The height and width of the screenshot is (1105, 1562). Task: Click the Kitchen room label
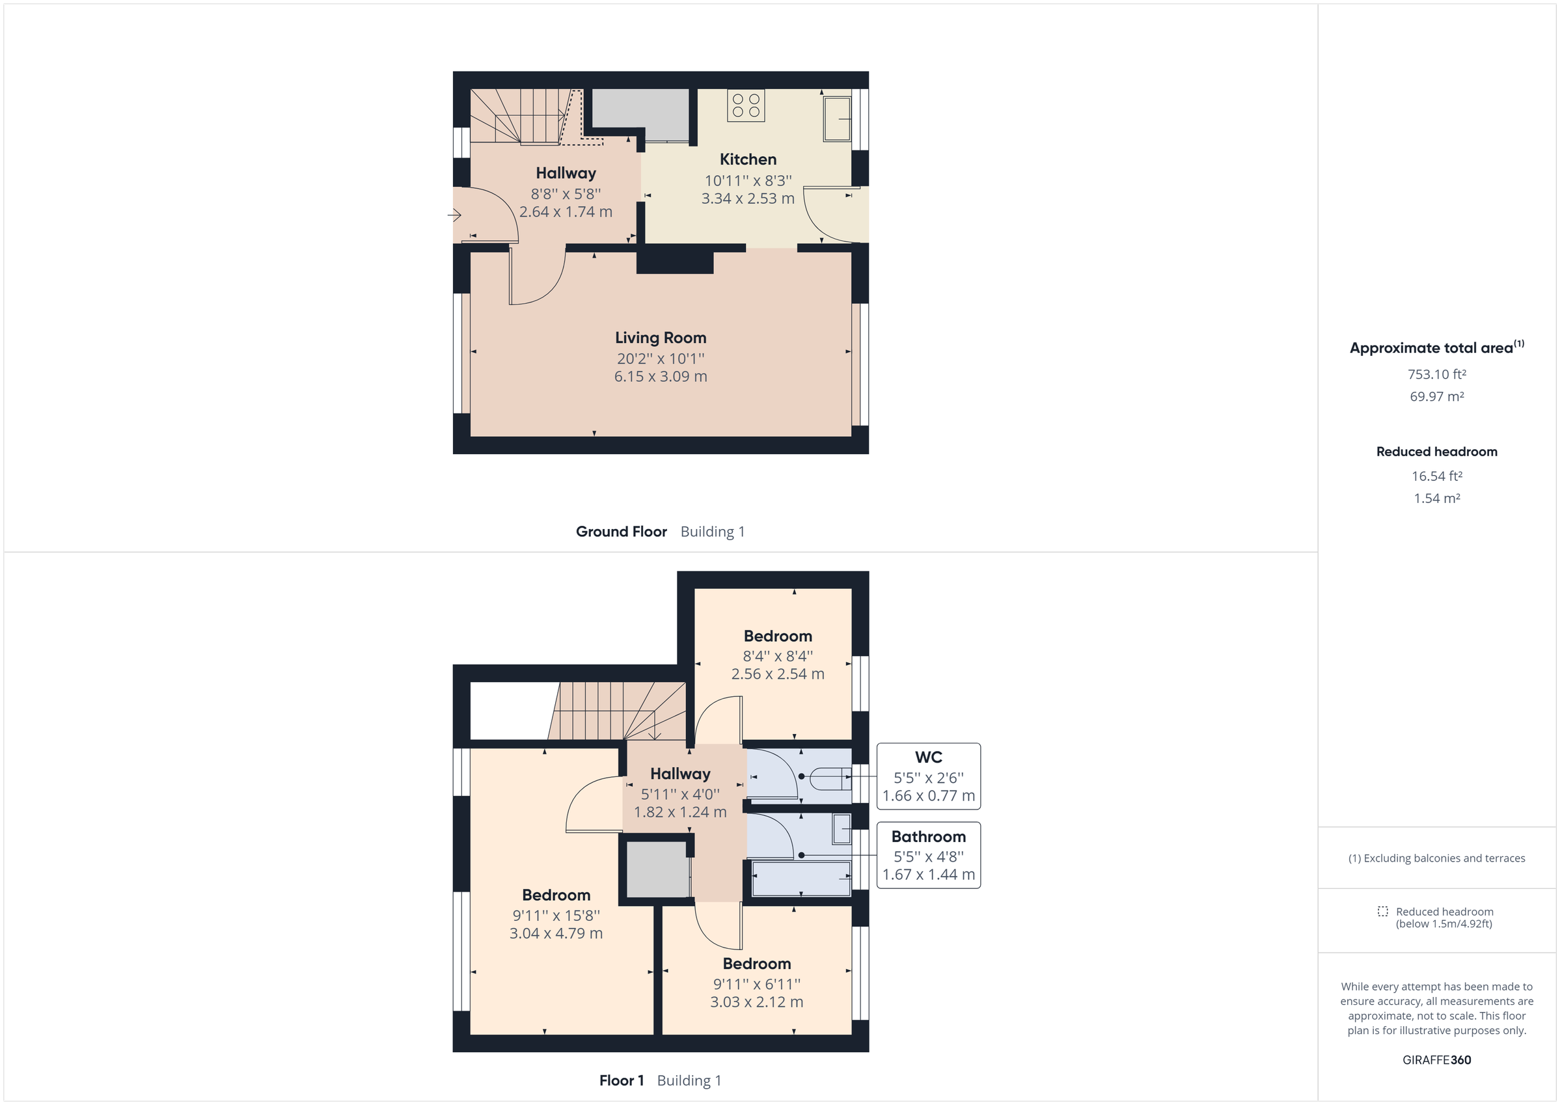[748, 159]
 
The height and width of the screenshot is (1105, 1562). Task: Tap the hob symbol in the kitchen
[746, 105]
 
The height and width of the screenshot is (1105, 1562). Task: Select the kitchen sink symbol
[837, 119]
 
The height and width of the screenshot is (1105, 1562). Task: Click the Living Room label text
[660, 338]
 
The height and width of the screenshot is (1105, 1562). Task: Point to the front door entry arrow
[454, 215]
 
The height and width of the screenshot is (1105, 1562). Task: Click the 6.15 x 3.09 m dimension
[660, 376]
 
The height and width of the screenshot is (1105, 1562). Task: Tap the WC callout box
[928, 776]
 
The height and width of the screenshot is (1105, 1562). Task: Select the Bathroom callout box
[928, 855]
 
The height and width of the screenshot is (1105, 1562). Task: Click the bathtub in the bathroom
[801, 879]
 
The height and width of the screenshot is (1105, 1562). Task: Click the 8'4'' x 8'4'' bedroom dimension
[777, 656]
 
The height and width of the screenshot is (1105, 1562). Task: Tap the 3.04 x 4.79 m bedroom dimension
[556, 934]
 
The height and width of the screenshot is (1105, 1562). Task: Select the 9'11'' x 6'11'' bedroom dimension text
[756, 984]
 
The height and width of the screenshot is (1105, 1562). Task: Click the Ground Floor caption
[621, 532]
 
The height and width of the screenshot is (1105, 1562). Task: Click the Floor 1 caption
[621, 1080]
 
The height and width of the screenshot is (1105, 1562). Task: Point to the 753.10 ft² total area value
[1436, 374]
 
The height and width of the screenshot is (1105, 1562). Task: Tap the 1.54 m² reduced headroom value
[1436, 498]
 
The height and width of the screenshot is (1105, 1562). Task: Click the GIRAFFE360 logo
[1436, 1060]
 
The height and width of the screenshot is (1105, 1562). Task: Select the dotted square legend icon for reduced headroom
[1382, 911]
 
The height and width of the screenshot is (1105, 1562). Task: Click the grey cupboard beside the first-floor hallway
[657, 869]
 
